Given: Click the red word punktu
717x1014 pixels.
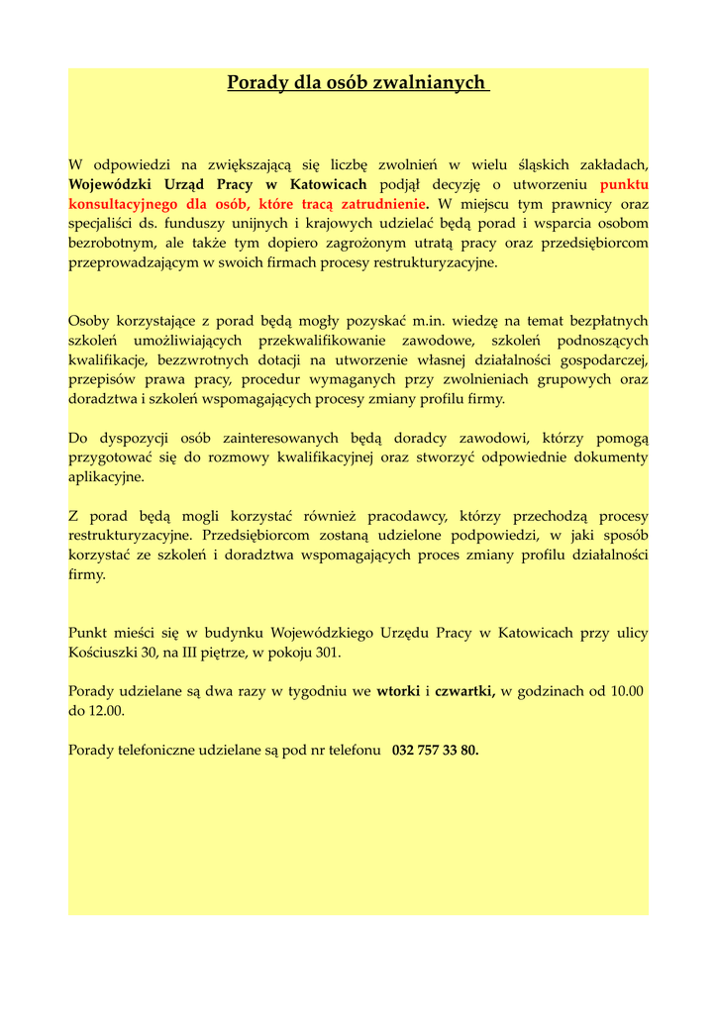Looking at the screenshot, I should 624,184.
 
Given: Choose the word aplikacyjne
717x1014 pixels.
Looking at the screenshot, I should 106,476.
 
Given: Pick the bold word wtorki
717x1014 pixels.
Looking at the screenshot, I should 398,691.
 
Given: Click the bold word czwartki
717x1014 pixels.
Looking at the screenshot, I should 464,691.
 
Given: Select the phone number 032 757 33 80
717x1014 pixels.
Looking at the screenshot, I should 436,750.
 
